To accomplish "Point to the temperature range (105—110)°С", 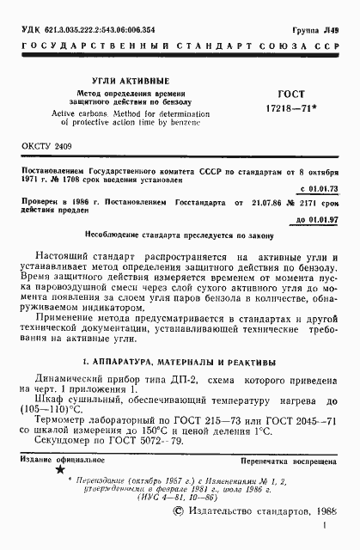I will pyautogui.click(x=57, y=408).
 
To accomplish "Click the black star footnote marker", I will pyautogui.click(x=59, y=470).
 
